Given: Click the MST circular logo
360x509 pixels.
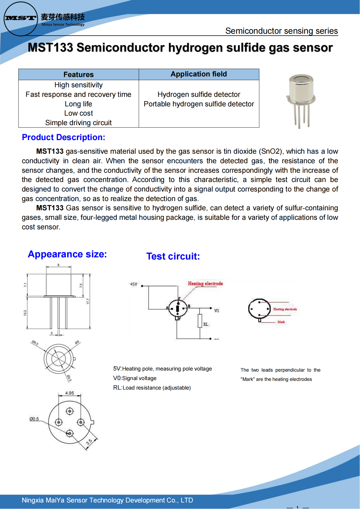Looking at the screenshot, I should coord(21,18).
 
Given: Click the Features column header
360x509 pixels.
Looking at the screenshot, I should coord(78,75).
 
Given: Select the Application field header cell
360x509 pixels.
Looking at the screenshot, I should coord(199,74).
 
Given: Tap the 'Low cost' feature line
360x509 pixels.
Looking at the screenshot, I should coord(78,113).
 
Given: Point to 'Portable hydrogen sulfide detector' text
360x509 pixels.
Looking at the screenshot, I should coord(199,104).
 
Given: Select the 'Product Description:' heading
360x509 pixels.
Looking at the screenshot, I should coord(63,137).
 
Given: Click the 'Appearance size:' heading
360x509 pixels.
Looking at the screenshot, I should coord(67,254).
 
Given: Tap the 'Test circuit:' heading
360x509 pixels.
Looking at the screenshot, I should coord(173,256).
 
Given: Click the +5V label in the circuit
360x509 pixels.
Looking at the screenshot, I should coord(134,284).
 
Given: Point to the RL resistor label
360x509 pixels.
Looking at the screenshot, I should coord(206,324).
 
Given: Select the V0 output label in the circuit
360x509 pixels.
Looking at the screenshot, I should coord(216,311).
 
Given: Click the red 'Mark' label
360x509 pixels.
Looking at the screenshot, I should coord(281,322).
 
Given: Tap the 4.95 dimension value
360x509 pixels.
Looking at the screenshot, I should coord(69,393).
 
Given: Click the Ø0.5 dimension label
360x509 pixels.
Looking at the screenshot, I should coord(34,419).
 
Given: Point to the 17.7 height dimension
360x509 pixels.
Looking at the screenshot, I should coord(88,301).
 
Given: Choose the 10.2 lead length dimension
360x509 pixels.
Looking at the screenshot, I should coord(25,313).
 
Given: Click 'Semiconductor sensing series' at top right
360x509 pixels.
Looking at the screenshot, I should coord(281,31).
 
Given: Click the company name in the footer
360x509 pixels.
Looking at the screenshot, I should coord(107,500).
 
